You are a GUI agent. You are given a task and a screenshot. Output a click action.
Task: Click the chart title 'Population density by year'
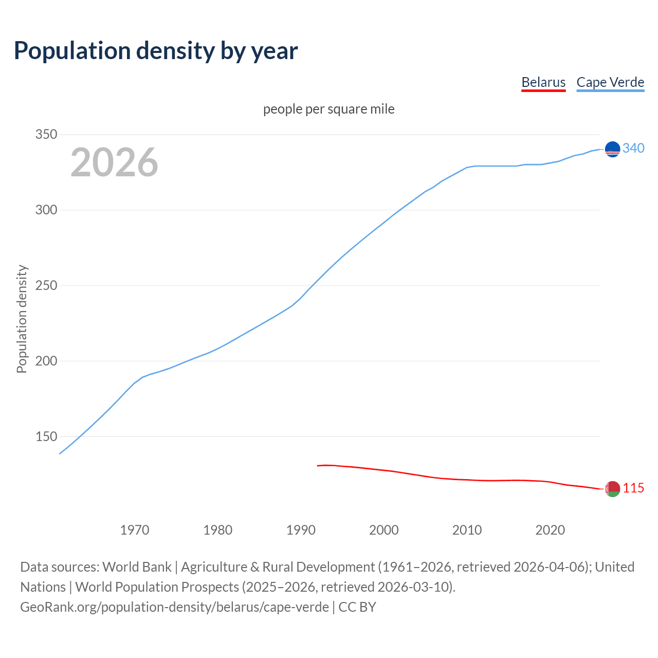(156, 50)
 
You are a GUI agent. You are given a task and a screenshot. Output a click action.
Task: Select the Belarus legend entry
(543, 82)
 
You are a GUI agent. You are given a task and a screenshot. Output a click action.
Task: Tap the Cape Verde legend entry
(610, 82)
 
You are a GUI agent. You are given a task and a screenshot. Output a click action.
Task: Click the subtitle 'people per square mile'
(329, 109)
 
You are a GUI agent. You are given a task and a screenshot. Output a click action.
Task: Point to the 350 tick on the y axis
(46, 135)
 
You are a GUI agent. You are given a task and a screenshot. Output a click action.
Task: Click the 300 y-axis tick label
(46, 210)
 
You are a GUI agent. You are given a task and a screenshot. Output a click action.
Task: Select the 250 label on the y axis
(46, 286)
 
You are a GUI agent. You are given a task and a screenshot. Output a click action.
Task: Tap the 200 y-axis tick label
(46, 361)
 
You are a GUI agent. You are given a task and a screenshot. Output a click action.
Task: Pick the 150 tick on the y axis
(46, 436)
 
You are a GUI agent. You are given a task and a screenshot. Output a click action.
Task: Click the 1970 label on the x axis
(135, 530)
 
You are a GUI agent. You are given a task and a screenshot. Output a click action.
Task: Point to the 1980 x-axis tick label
(218, 530)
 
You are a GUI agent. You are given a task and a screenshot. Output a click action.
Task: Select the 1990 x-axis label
(301, 530)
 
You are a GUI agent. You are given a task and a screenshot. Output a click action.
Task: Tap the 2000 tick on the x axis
(384, 530)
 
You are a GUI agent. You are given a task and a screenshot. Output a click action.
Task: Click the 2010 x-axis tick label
(467, 530)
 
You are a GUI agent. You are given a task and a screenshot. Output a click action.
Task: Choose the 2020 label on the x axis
(550, 530)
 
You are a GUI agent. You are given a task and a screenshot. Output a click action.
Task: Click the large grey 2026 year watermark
(114, 162)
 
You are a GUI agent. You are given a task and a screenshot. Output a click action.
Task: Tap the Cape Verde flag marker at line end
(612, 149)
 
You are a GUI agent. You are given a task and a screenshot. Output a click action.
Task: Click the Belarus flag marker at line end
(612, 489)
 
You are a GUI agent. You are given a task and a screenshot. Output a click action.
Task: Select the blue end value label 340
(633, 149)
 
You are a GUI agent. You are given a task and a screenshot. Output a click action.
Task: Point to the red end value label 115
(633, 488)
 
